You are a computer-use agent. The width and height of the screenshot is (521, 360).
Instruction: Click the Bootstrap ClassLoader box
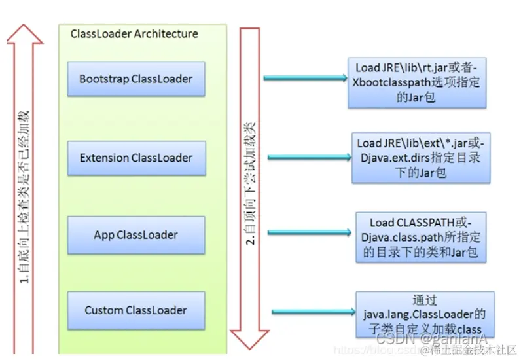[x=136, y=79]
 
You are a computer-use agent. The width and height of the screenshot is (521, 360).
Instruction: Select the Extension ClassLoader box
[x=136, y=158]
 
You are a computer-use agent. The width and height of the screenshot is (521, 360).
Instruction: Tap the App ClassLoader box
[x=136, y=234]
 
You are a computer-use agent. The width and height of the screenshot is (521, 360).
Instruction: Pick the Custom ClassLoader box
[x=136, y=310]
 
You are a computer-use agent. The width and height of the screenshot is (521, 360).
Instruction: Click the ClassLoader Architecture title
[x=134, y=34]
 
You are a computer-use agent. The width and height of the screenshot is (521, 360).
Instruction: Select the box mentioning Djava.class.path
[x=421, y=236]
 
